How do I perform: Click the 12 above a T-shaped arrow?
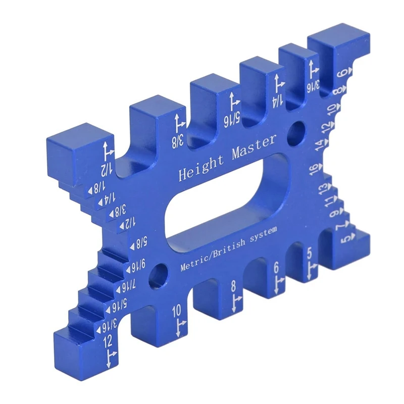(x=108, y=342)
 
